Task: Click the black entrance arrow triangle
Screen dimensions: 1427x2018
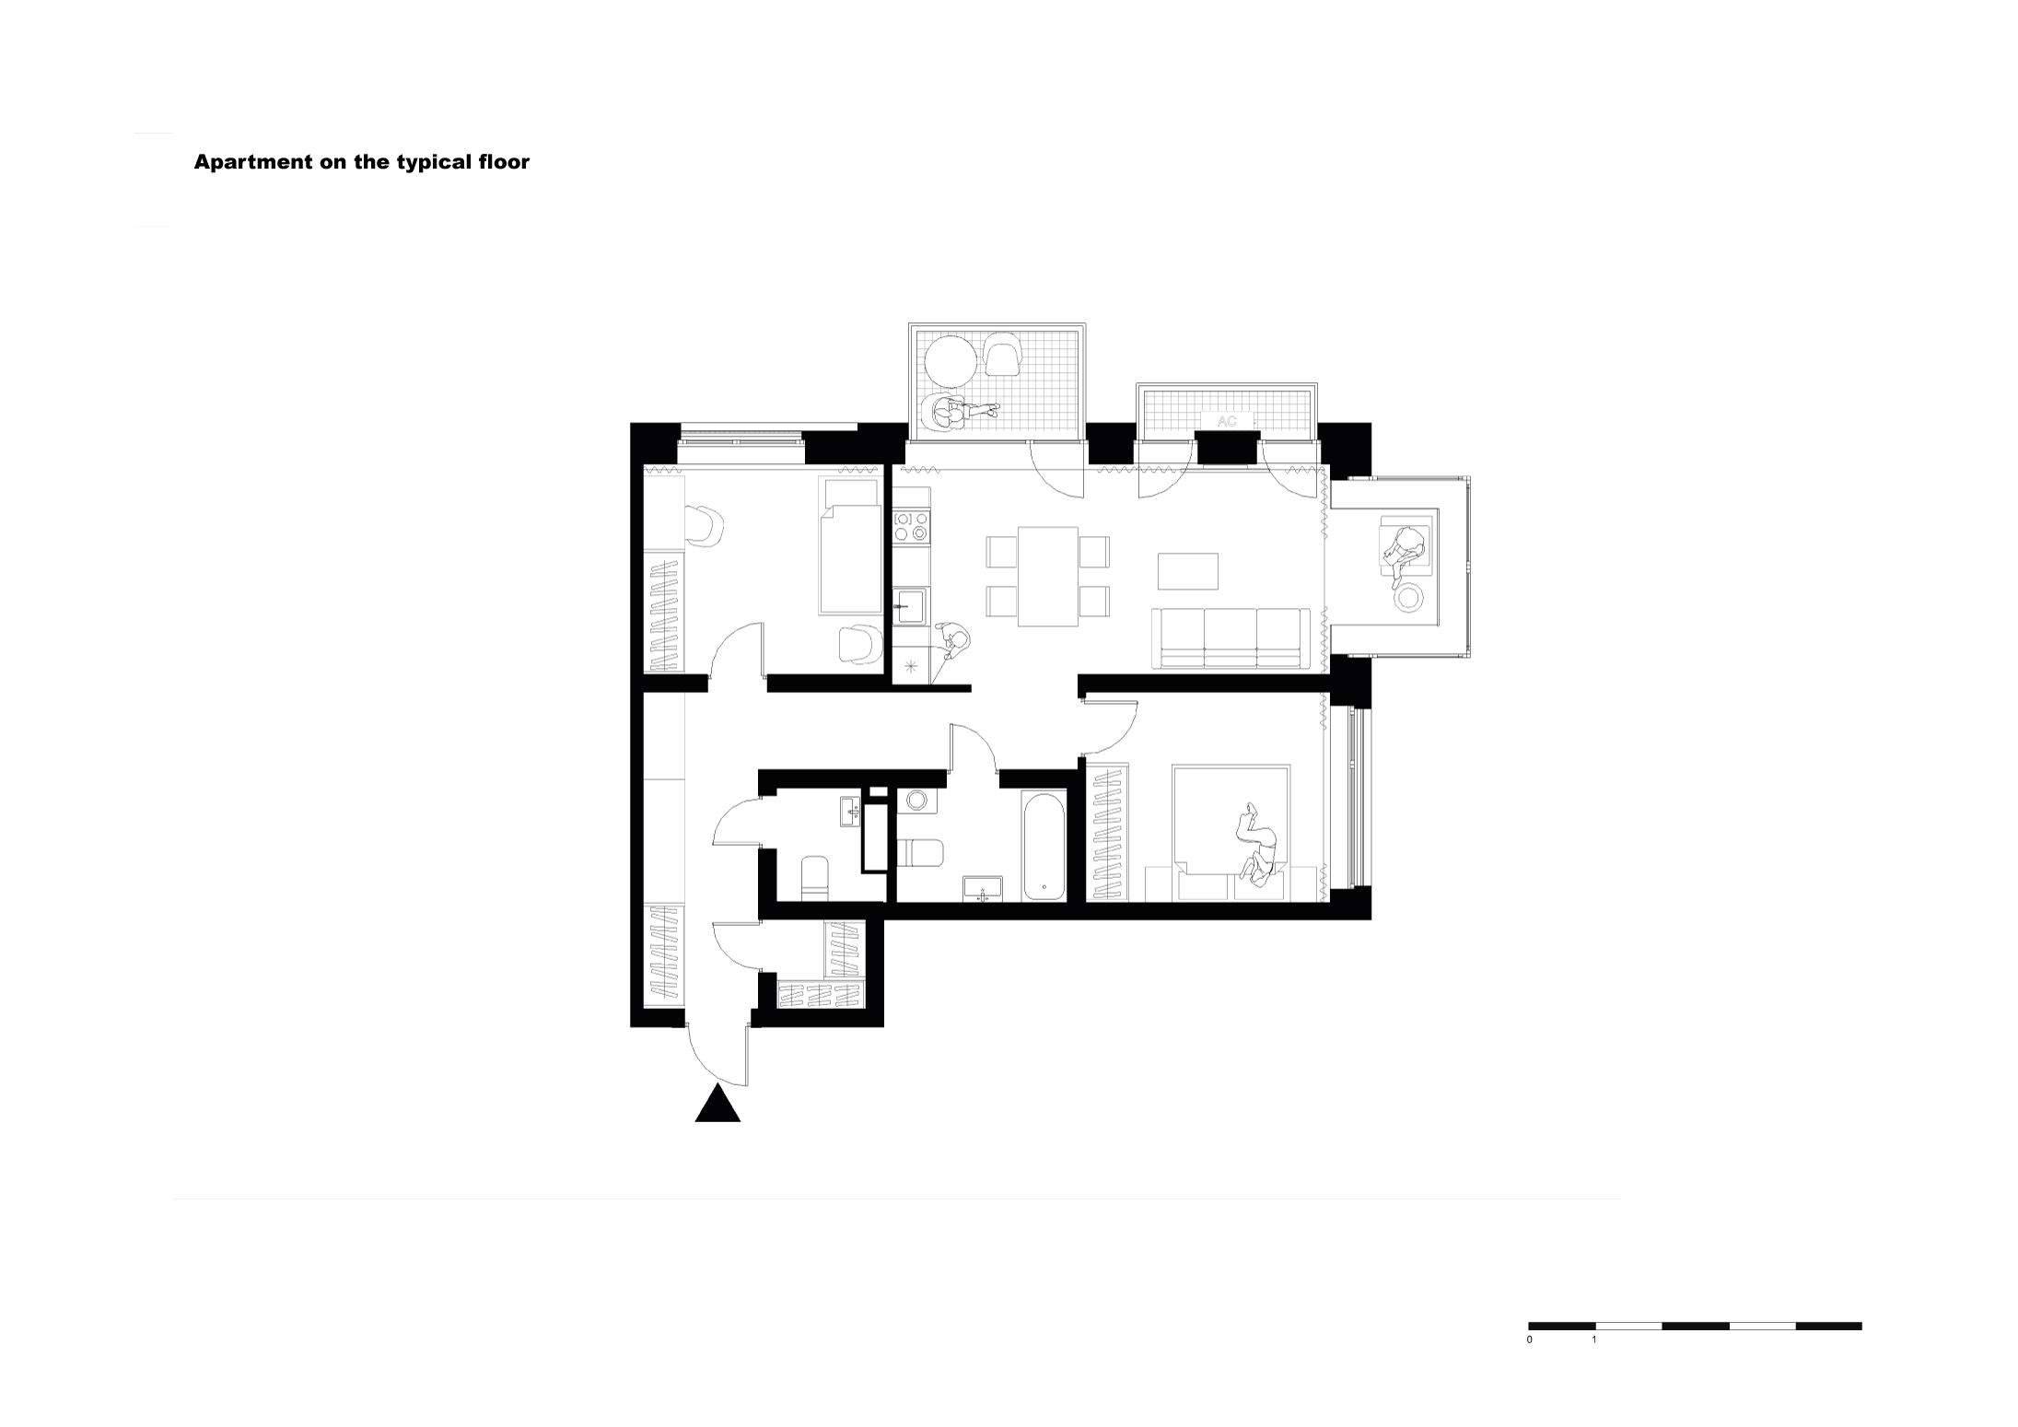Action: pos(717,1105)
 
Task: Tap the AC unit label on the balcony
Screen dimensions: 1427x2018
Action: pos(1227,421)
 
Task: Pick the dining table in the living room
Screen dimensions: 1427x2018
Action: pos(1048,577)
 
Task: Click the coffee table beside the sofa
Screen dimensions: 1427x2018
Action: pos(1188,570)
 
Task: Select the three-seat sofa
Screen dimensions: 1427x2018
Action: pos(1231,637)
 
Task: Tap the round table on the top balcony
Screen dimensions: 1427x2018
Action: pos(951,364)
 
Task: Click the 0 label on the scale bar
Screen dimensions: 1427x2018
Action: pos(1530,1339)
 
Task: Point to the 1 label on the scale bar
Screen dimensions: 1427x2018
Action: pos(1594,1339)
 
